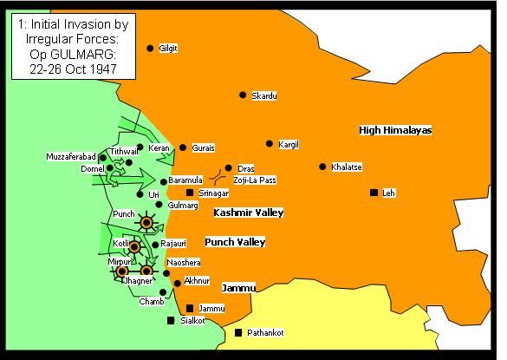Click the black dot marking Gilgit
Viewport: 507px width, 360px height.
151,49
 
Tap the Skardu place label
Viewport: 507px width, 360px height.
264,95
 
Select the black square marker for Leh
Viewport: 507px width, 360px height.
374,192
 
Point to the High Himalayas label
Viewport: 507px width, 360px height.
395,130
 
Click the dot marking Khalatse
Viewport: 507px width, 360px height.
322,166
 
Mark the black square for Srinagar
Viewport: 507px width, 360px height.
190,192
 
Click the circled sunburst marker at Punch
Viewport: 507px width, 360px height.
146,223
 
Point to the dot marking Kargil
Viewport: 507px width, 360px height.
270,143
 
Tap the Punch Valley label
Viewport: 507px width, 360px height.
234,241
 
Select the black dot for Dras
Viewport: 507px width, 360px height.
228,168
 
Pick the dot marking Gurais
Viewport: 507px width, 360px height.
183,148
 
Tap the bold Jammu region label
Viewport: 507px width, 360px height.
237,287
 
